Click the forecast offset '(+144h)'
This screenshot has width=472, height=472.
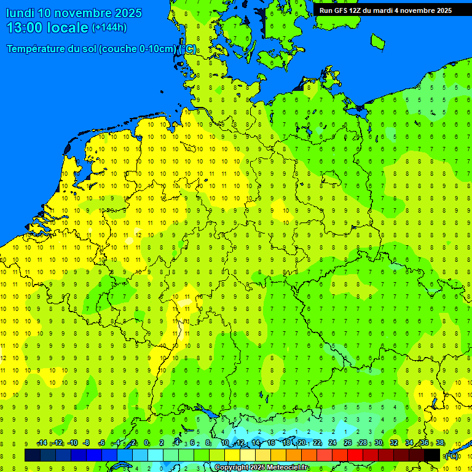pyautogui.click(x=109, y=28)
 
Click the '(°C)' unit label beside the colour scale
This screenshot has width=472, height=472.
pyautogui.click(x=451, y=455)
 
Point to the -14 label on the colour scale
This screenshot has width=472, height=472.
pyautogui.click(x=42, y=443)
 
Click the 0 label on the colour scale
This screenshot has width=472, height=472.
pyautogui.click(x=146, y=443)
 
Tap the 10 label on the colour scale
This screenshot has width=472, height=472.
pyautogui.click(x=225, y=443)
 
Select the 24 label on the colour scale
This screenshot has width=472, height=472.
pyautogui.click(x=332, y=443)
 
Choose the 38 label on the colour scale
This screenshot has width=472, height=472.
pyautogui.click(x=440, y=443)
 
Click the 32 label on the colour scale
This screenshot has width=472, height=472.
pyautogui.click(x=394, y=443)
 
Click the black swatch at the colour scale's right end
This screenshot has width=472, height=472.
pyautogui.click(x=432, y=455)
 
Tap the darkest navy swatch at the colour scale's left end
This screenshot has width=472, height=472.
pyautogui.click(x=33, y=455)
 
